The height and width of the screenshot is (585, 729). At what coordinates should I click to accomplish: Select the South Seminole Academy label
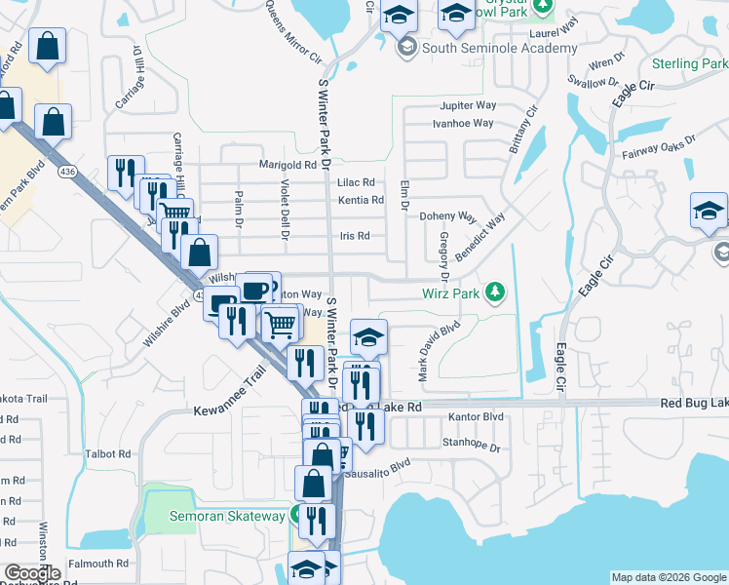click(499, 48)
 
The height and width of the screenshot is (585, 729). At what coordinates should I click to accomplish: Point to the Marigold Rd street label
click(288, 165)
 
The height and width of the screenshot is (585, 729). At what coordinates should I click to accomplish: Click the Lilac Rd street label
click(356, 182)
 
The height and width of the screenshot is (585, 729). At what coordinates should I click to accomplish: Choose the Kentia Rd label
click(361, 201)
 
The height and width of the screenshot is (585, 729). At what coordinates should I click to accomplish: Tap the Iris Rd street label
click(355, 236)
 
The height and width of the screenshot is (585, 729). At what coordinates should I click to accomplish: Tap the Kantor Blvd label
click(476, 417)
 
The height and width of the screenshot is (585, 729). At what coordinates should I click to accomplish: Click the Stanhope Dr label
click(471, 448)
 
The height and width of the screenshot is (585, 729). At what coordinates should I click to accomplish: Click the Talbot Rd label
click(108, 454)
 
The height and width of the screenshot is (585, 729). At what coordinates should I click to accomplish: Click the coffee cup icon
click(255, 290)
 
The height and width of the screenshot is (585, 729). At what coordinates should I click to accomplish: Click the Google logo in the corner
click(32, 573)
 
